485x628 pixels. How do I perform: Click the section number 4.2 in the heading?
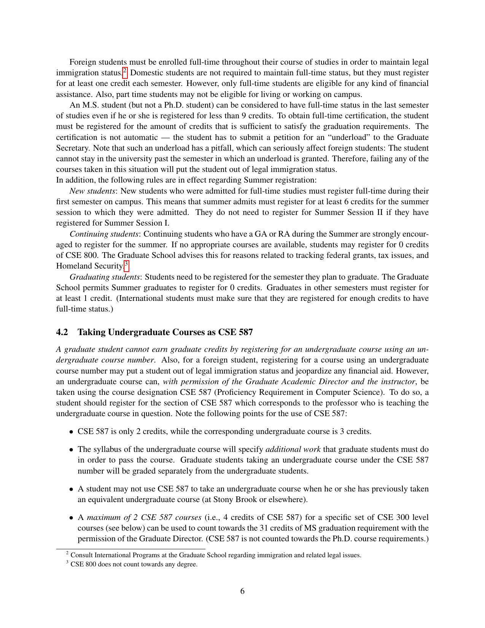(x=62, y=332)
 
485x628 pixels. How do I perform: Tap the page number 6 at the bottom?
(x=242, y=591)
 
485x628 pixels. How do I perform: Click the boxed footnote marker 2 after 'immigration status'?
(x=125, y=72)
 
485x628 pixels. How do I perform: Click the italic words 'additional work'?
(x=293, y=449)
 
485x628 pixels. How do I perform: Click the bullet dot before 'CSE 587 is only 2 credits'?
(x=71, y=432)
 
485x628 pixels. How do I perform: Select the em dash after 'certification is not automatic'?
(x=165, y=137)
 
